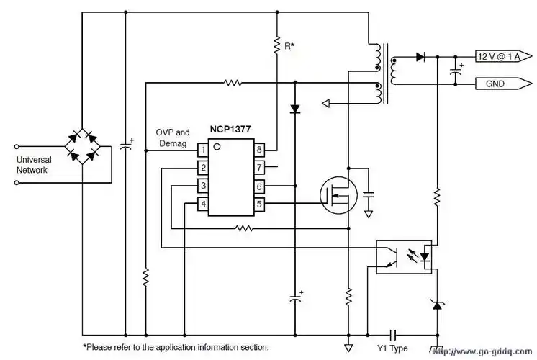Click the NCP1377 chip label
coord(231,130)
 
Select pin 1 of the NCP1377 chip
coord(204,150)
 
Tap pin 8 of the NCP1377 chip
coord(259,150)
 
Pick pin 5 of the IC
coord(259,204)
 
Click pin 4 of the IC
coord(204,204)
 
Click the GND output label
coord(501,84)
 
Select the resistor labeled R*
coord(276,46)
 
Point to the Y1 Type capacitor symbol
coord(394,336)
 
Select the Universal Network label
coord(32,165)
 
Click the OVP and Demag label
coord(173,138)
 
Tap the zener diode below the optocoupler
coord(436,305)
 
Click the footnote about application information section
coord(176,347)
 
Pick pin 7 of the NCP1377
coord(259,168)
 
